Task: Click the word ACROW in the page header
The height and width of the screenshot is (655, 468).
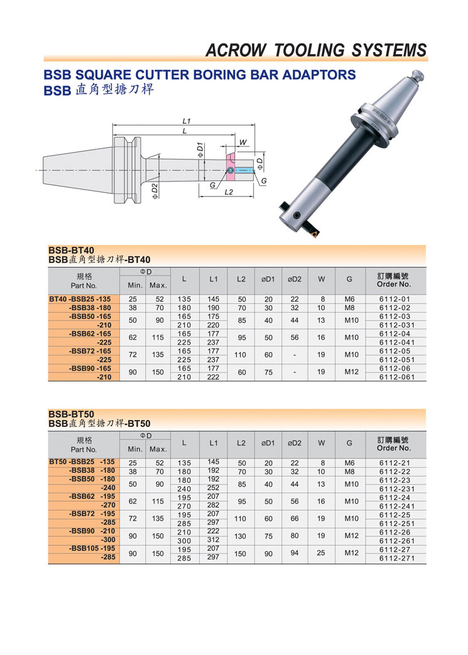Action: (x=236, y=50)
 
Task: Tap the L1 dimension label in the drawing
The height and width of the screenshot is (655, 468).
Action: (x=187, y=121)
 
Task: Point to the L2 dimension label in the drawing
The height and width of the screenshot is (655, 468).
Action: (x=229, y=192)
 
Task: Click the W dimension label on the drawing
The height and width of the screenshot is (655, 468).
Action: (x=242, y=143)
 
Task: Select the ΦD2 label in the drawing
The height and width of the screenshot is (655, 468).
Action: (x=155, y=191)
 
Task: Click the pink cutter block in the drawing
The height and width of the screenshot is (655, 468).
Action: (x=229, y=167)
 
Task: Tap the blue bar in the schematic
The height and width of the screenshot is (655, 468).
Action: (x=244, y=170)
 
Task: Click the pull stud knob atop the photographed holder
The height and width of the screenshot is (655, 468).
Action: (x=418, y=76)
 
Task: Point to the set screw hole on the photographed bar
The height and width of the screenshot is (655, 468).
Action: (x=297, y=215)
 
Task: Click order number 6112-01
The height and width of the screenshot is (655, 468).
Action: (x=395, y=299)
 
